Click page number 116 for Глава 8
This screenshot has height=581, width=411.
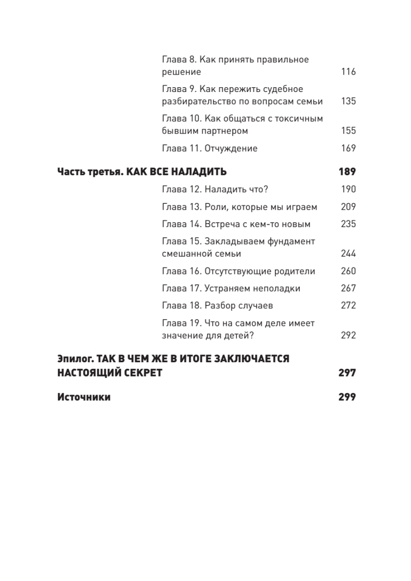coord(348,72)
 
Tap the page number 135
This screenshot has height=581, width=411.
coord(348,101)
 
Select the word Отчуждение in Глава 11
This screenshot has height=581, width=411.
coord(231,148)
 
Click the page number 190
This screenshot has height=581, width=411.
coord(348,189)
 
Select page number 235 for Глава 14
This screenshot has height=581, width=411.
coord(348,224)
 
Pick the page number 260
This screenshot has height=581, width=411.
coord(348,271)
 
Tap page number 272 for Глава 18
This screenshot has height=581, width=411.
coord(348,306)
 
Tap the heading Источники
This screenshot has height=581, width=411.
coord(84,397)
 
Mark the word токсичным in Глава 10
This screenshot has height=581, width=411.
coord(299,119)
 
